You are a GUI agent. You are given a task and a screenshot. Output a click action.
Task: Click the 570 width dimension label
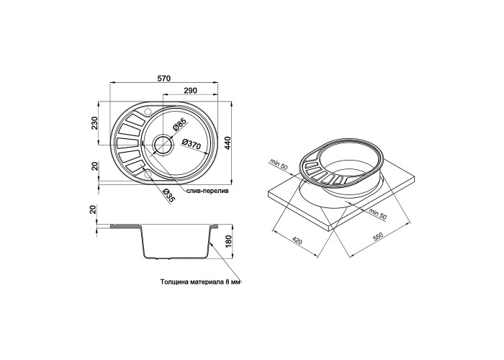coord(164,78)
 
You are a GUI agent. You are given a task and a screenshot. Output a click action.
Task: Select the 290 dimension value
coord(190,91)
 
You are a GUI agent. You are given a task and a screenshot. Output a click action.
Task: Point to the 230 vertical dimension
coord(94,123)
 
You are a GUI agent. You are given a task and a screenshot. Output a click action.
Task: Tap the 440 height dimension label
coord(228,143)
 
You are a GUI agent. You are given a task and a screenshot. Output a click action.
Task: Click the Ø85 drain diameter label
coord(180,125)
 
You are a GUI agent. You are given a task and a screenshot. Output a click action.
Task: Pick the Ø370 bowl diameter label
coord(192,144)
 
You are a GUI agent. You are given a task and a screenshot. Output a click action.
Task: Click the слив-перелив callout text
coord(207,191)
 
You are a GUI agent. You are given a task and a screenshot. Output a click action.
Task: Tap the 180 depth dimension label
coord(228,242)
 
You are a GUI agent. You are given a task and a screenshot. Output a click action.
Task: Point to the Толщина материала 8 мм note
coord(200,282)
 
